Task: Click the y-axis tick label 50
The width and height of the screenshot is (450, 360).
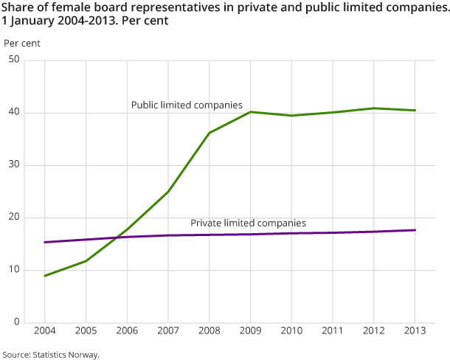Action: [x=14, y=60]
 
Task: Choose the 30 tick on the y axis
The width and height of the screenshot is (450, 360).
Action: [x=14, y=165]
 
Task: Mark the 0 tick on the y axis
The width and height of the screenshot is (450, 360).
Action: [x=16, y=322]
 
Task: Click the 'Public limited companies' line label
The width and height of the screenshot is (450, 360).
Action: [x=187, y=105]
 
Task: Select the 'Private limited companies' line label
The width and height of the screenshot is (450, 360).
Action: [x=248, y=222]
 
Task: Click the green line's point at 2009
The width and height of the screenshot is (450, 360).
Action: [x=250, y=111]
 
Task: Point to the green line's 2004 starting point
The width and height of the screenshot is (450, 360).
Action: [x=45, y=276]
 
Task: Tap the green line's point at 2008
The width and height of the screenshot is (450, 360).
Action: [x=210, y=133]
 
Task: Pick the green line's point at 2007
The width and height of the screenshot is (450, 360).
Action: [x=168, y=192]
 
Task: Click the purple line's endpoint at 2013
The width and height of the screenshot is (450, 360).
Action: [x=415, y=230]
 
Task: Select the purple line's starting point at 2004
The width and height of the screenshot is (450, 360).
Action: [x=45, y=242]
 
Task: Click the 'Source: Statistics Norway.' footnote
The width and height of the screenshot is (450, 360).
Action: [x=50, y=354]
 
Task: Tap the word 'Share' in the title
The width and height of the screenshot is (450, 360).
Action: [x=16, y=7]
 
